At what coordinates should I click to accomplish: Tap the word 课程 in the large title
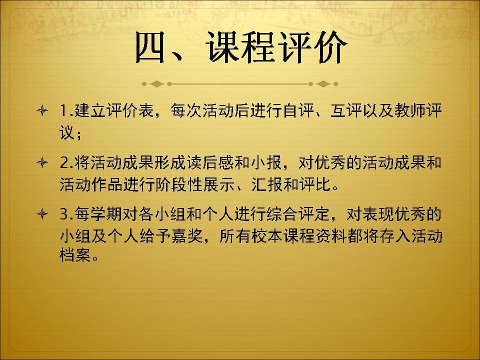click(241, 47)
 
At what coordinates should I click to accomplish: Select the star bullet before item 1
click(42, 110)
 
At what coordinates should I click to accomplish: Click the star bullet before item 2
click(42, 162)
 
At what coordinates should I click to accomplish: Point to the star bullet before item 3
click(42, 213)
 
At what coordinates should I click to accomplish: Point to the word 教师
click(410, 110)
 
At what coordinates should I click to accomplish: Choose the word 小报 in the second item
click(266, 162)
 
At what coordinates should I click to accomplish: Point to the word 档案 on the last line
click(75, 254)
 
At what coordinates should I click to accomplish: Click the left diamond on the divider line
click(157, 83)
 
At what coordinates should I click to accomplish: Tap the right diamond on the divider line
click(323, 83)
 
